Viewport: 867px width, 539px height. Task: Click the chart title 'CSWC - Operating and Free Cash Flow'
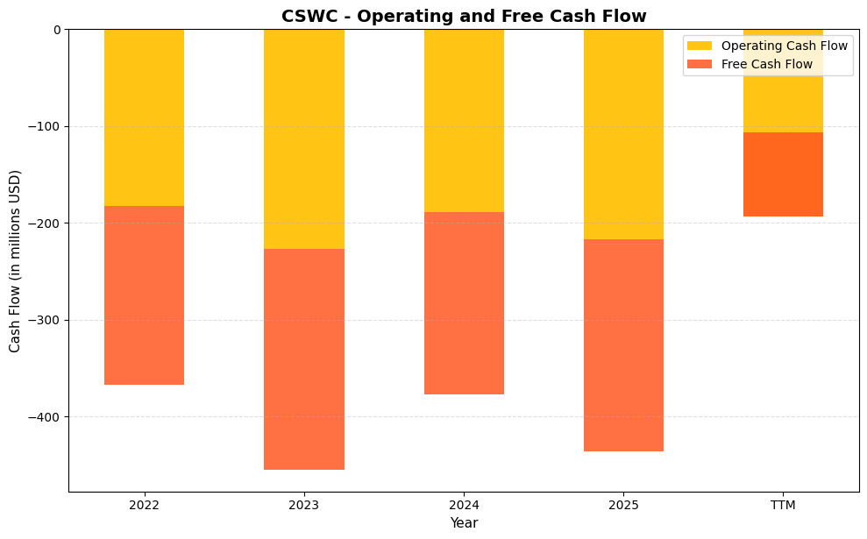(464, 16)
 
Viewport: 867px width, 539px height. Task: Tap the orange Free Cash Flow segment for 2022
(144, 295)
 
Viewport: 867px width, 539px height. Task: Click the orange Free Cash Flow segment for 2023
(303, 359)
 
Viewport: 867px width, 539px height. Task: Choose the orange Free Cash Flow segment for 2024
(464, 303)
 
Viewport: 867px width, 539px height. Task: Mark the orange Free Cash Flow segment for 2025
(623, 345)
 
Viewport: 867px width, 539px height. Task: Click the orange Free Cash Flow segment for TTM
(783, 174)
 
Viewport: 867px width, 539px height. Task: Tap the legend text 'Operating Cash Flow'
(784, 46)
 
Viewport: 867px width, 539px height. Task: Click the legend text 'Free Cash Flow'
(766, 64)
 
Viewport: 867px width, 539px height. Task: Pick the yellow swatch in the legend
(700, 46)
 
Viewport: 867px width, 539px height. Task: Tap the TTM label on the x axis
(783, 505)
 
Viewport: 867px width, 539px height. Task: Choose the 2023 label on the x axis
(303, 505)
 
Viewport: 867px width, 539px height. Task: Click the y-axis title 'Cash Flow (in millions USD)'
(15, 260)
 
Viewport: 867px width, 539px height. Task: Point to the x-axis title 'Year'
(464, 523)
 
